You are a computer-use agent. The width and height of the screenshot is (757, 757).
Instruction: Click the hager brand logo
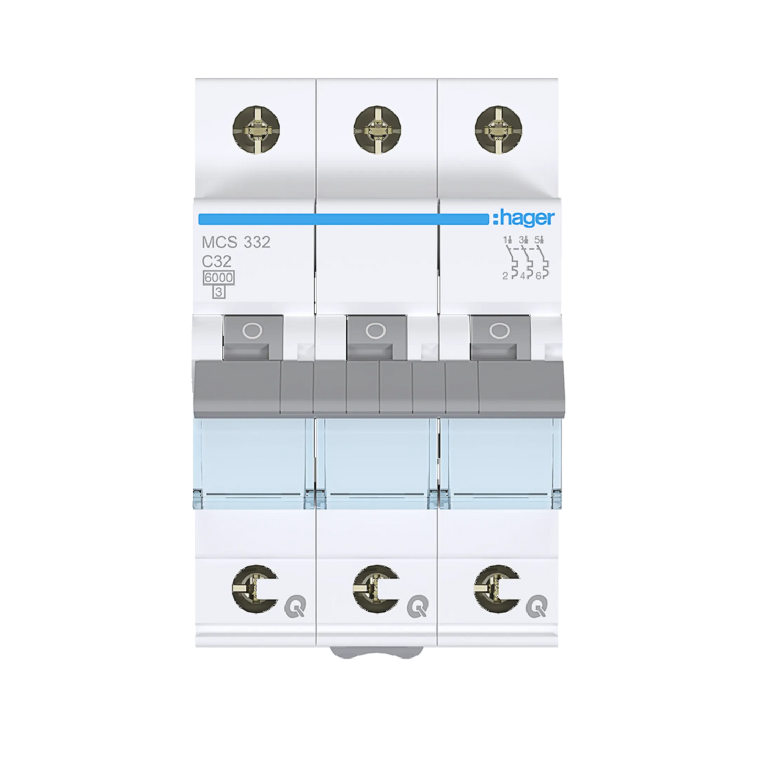(523, 219)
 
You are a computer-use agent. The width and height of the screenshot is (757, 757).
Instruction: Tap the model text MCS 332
(236, 243)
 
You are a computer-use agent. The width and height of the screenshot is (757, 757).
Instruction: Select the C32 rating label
(216, 261)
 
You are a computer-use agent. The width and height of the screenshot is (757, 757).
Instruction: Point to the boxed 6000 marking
(218, 278)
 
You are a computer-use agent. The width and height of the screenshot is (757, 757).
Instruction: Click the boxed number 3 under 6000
(218, 292)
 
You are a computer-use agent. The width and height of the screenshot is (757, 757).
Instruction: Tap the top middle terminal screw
(377, 129)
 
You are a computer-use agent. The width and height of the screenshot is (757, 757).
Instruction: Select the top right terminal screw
(499, 129)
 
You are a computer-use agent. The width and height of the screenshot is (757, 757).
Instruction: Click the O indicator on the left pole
(253, 331)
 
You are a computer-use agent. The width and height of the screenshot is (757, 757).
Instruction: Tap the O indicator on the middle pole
(375, 331)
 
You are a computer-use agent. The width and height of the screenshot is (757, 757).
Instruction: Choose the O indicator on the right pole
(499, 331)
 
